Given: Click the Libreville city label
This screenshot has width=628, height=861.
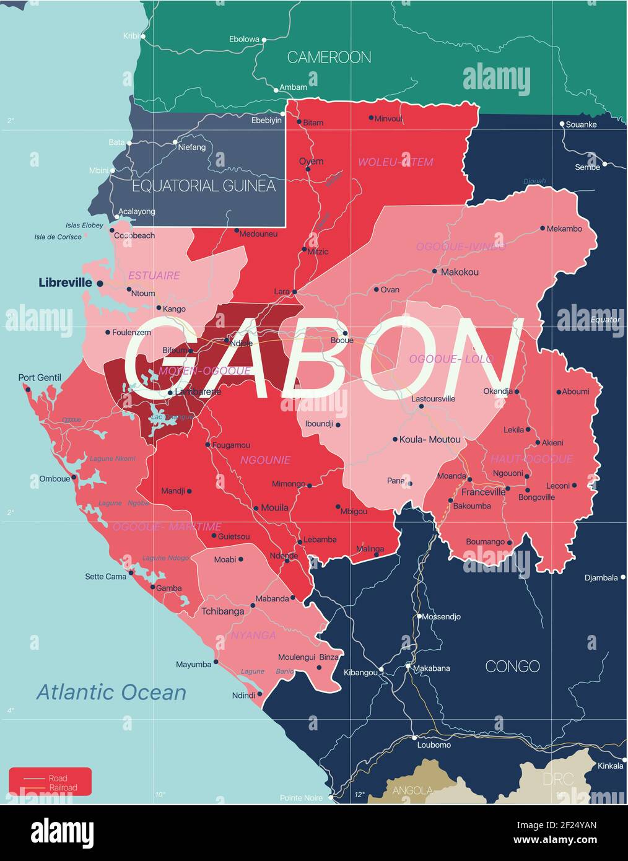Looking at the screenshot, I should click(x=65, y=282).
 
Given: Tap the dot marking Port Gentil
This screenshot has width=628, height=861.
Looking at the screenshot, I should click(x=27, y=389).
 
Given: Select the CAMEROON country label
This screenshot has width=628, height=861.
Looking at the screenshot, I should click(x=329, y=58).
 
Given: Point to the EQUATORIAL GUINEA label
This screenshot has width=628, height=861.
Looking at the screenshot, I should click(x=204, y=185).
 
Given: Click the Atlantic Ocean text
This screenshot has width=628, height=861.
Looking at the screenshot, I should click(x=111, y=692).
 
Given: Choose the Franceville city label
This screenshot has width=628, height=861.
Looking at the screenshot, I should click(x=483, y=492).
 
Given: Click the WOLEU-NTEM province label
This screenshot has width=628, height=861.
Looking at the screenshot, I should click(x=395, y=162).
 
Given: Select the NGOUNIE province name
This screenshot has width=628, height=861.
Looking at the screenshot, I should click(x=265, y=460).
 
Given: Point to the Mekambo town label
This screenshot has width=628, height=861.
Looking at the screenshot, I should click(x=564, y=229).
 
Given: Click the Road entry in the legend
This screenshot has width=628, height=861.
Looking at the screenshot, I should click(x=58, y=778).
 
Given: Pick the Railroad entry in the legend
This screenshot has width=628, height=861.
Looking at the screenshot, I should click(x=63, y=788).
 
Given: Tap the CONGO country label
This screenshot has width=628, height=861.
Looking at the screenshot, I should click(x=512, y=667).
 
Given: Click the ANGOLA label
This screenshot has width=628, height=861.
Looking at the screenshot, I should click(x=412, y=790).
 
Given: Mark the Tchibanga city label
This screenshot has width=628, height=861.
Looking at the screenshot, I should click(x=222, y=611).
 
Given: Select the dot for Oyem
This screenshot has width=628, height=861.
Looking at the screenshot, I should click(x=308, y=168).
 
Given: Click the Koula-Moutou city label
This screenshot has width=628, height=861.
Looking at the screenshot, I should click(x=430, y=440).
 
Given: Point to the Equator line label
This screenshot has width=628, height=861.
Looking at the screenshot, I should click(x=604, y=320).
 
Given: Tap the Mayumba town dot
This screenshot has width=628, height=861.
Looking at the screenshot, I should click(x=216, y=662).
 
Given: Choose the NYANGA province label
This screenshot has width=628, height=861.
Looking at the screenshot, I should click(x=253, y=636).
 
